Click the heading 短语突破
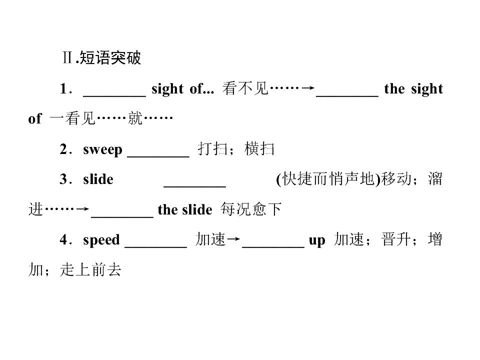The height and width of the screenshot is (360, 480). pyautogui.click(x=110, y=57)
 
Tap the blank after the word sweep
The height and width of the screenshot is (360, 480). pyautogui.click(x=158, y=156)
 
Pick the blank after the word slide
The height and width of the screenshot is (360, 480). pyautogui.click(x=194, y=186)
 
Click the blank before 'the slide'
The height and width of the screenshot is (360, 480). pyautogui.click(x=122, y=216)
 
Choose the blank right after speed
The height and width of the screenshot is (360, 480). pyautogui.click(x=156, y=246)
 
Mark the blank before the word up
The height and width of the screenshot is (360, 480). pyautogui.click(x=273, y=246)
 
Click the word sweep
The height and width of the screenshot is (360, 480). pyautogui.click(x=102, y=149)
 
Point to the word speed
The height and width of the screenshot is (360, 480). pyautogui.click(x=101, y=239)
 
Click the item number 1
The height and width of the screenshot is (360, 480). pyautogui.click(x=63, y=89)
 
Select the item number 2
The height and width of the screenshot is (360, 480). pyautogui.click(x=63, y=149)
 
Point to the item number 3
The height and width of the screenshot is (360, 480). pyautogui.click(x=63, y=179)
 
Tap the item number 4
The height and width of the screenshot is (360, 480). pyautogui.click(x=63, y=239)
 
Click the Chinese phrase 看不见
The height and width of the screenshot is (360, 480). pyautogui.click(x=245, y=88)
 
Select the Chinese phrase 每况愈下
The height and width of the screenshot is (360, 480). pyautogui.click(x=250, y=209)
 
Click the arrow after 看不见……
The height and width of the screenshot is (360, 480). pyautogui.click(x=307, y=88)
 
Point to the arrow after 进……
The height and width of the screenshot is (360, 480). pyautogui.click(x=82, y=209)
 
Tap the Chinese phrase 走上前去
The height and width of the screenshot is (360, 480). pyautogui.click(x=90, y=269)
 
